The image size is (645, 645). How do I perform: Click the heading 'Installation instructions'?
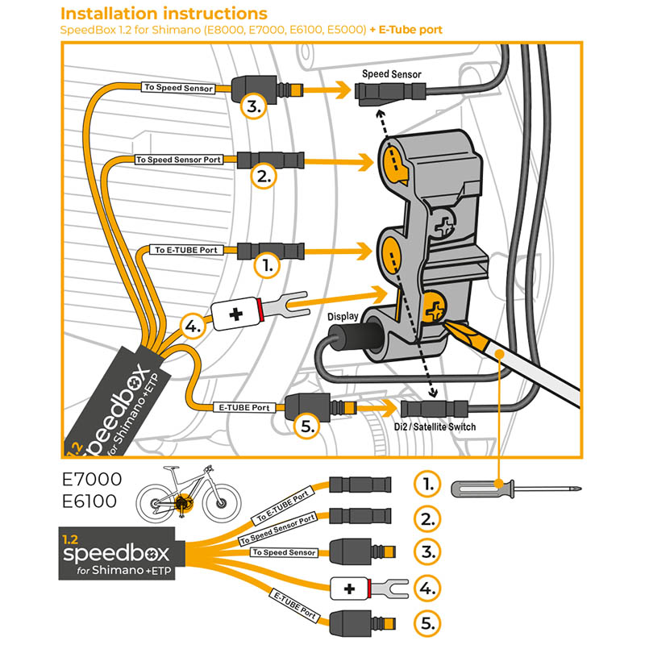coord(164,14)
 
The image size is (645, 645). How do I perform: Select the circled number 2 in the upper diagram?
coord(264,176)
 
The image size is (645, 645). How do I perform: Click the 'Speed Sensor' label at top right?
coord(391,74)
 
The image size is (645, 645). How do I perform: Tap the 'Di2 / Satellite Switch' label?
coord(435,427)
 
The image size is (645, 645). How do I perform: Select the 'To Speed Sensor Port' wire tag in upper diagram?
coord(178,160)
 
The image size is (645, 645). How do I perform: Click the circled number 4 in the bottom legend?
coord(427,588)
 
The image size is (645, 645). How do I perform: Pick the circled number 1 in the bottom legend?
coord(427,484)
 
